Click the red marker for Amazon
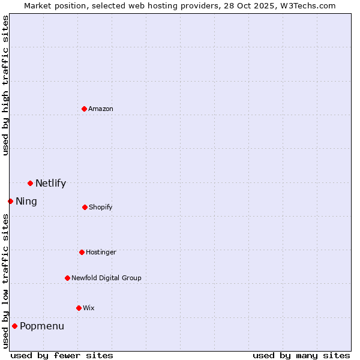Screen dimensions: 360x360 (84, 109)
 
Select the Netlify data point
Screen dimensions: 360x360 (30, 183)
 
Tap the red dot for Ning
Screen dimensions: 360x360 (10, 201)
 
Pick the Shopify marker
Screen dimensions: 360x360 (85, 207)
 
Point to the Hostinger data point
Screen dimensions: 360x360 (82, 252)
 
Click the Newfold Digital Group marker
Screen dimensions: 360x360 (67, 278)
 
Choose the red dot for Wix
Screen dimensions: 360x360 (79, 308)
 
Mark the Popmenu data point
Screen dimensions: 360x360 (14, 326)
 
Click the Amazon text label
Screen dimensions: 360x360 (101, 109)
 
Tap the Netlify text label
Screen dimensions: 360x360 (50, 184)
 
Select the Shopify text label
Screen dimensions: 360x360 (100, 207)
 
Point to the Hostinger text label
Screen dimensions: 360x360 (101, 252)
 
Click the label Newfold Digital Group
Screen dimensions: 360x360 (106, 278)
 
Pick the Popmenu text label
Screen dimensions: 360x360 (42, 326)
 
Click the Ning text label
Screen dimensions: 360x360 (26, 202)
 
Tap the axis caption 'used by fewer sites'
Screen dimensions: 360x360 (62, 355)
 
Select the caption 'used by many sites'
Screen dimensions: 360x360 (301, 355)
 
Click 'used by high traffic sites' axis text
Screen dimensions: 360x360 (6, 85)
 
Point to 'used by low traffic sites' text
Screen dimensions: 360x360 (6, 281)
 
